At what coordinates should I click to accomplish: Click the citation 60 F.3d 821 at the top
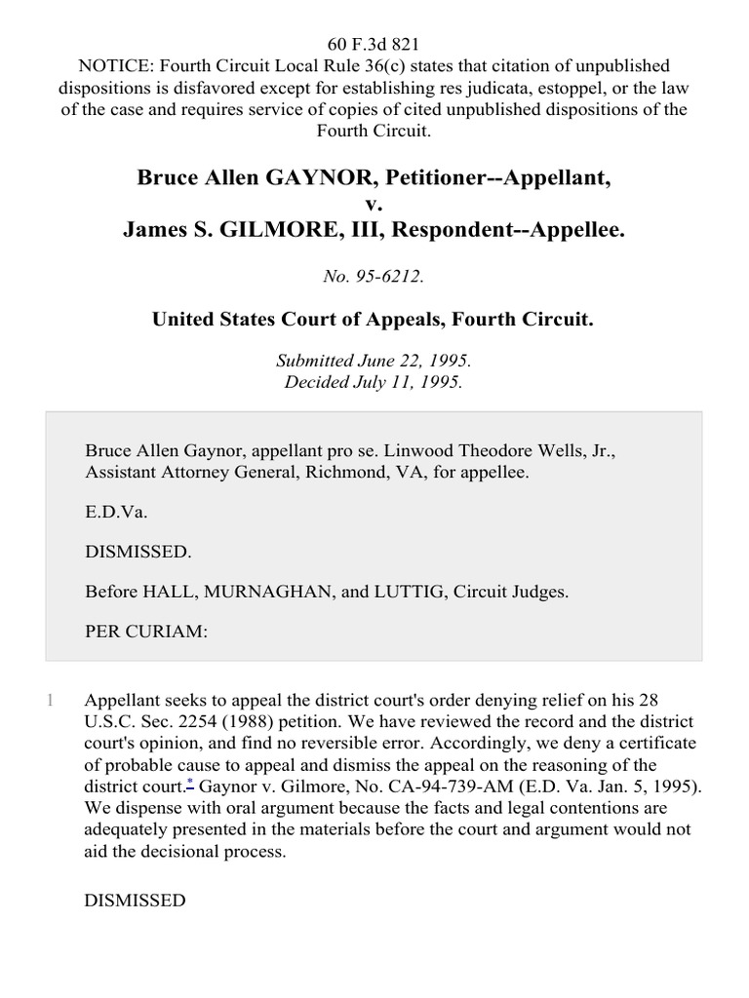tap(374, 45)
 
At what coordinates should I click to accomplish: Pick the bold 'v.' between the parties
tap(374, 203)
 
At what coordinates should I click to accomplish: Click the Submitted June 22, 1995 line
tap(374, 361)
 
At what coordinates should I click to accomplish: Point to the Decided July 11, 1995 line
tap(374, 382)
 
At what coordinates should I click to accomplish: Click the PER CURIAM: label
tap(146, 632)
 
